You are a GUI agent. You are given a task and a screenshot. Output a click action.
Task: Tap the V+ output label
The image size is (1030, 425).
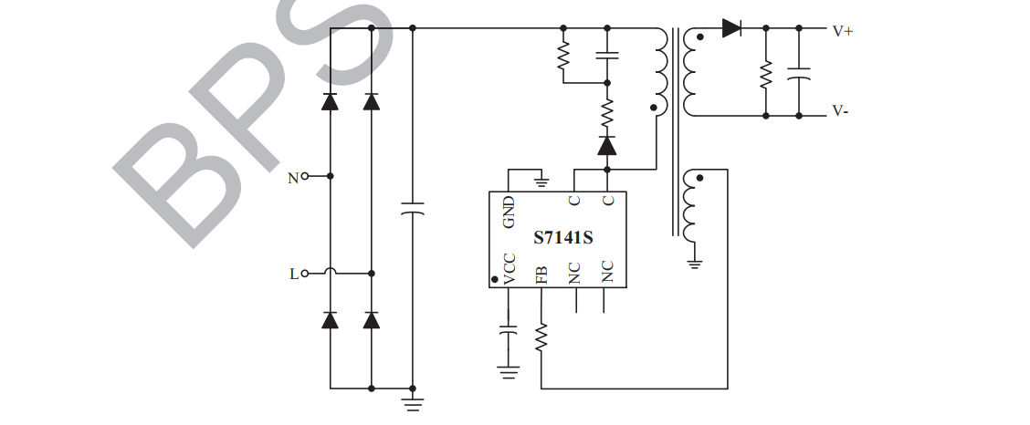pos(842,30)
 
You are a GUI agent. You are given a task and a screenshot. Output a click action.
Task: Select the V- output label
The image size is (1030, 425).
pos(841,112)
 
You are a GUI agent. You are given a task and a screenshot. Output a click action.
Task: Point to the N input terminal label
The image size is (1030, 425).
pos(293,178)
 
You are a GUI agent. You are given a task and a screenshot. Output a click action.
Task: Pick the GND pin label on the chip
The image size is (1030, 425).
pos(509,212)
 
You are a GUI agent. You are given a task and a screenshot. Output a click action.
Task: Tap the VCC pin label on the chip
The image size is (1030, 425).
pos(510,271)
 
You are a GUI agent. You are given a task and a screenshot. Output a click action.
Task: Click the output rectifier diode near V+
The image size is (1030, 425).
pos(731,28)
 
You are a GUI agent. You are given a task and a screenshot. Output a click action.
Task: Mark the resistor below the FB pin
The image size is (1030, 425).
pos(541,337)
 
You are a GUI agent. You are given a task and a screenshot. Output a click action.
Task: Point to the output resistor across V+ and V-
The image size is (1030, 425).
pos(765,72)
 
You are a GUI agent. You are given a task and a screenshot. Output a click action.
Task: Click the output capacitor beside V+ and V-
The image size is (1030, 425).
pos(799,72)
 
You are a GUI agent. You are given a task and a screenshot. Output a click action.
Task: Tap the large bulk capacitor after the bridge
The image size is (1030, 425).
pos(413,212)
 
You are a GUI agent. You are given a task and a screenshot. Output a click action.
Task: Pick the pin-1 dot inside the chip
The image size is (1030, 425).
pos(495,279)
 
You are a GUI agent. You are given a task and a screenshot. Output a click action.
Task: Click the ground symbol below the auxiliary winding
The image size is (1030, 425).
pos(694,264)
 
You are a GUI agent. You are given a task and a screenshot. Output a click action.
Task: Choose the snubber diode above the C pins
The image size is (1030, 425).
pos(606,145)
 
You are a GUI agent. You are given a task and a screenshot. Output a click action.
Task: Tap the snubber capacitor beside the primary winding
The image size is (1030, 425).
pos(606,56)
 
